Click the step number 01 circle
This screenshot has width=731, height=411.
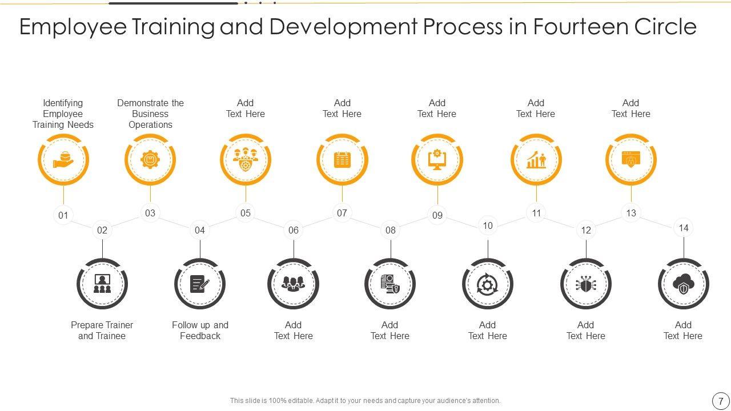coord(63,215)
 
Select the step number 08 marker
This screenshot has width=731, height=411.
coord(391,230)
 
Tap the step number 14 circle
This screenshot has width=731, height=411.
coord(684,228)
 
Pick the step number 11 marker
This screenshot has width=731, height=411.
coord(536,213)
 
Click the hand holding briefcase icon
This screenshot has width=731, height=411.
coord(63,160)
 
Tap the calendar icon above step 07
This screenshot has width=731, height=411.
coord(342,160)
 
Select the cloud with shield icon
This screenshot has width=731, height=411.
coord(684,284)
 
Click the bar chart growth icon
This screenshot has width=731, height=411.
coord(536,160)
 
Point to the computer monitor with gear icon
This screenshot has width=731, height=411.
coord(437,160)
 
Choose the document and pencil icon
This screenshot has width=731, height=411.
coord(200,284)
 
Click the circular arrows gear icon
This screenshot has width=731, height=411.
coord(487,284)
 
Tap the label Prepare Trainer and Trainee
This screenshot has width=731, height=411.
coord(102,331)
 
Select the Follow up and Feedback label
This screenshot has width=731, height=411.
coord(200,331)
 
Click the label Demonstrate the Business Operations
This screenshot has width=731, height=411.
coord(151,114)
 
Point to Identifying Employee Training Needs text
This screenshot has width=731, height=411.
coord(63,114)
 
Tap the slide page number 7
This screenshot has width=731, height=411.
coord(721,401)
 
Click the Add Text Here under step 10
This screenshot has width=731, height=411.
coord(487,331)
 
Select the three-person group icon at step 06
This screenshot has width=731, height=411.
coord(294,284)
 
